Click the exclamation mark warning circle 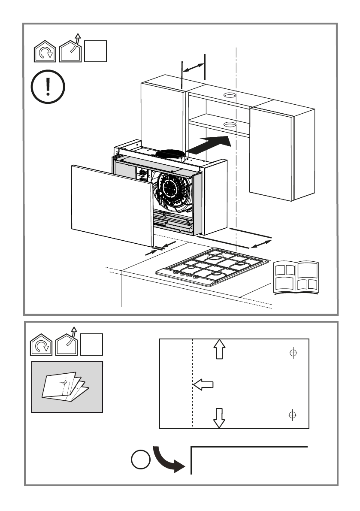(x=48, y=88)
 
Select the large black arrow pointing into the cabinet (x=209, y=145)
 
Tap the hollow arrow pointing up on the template (x=219, y=349)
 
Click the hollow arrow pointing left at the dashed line (x=203, y=385)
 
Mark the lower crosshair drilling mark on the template (x=293, y=415)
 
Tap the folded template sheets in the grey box (x=66, y=387)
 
